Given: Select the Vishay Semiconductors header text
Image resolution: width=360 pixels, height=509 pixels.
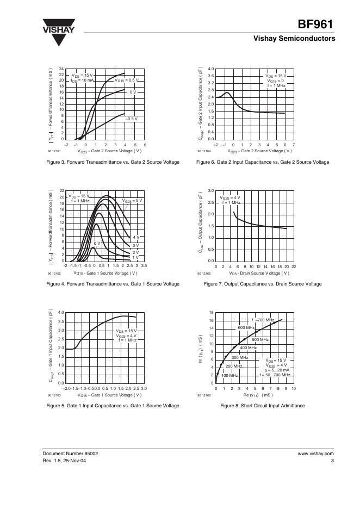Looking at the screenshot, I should point(294,39).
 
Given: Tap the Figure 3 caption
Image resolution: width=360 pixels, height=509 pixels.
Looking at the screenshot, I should point(113,162).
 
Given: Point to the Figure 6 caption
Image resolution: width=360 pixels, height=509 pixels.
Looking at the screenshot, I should point(264,162).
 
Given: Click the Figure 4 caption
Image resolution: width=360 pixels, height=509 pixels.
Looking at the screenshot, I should point(113,284).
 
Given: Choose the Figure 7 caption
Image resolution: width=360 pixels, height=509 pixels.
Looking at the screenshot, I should point(263,284).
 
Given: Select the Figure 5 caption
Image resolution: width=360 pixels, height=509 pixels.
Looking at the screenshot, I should point(113,406).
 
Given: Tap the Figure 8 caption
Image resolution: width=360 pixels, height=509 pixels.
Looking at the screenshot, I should point(263,406).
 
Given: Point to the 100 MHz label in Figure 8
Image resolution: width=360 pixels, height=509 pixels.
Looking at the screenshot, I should point(229,375).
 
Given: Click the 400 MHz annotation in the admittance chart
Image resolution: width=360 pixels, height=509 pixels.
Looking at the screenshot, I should point(248,347).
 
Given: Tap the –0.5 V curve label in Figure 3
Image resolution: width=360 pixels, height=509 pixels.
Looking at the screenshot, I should point(132,118).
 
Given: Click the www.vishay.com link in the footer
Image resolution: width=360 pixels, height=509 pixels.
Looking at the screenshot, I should point(315,453).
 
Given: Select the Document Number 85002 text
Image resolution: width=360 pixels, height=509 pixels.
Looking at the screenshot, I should point(71,453).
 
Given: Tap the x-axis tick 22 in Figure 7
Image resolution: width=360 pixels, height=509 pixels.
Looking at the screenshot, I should point(294,266).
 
